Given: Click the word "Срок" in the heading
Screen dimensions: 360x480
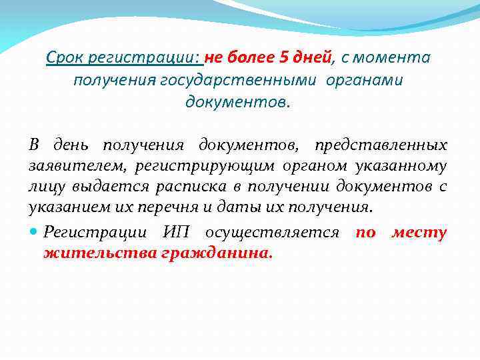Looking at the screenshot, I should (64, 58).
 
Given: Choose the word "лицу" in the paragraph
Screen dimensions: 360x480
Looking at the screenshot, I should (45, 187).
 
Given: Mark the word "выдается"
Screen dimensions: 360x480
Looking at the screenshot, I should (96, 187).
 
